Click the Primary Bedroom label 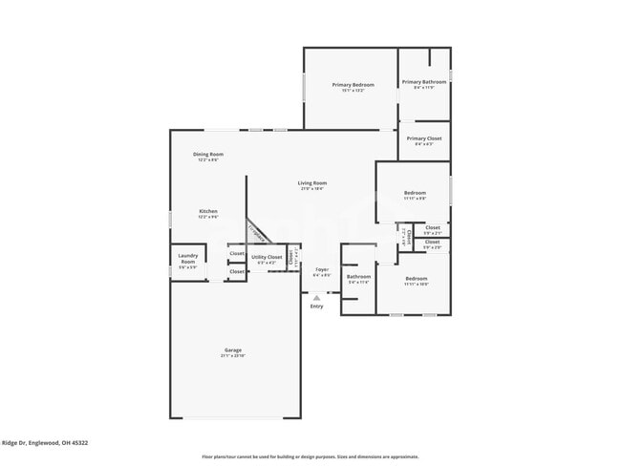353,85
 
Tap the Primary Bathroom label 424,82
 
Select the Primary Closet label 424,138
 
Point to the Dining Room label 208,154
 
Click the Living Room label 312,182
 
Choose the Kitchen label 208,211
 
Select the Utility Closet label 267,257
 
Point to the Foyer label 322,269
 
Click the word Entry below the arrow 316,307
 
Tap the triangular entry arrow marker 316,297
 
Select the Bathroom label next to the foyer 358,277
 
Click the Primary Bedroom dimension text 353,91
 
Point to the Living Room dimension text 312,189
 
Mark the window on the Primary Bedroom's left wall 304,85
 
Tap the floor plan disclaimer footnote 310,456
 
